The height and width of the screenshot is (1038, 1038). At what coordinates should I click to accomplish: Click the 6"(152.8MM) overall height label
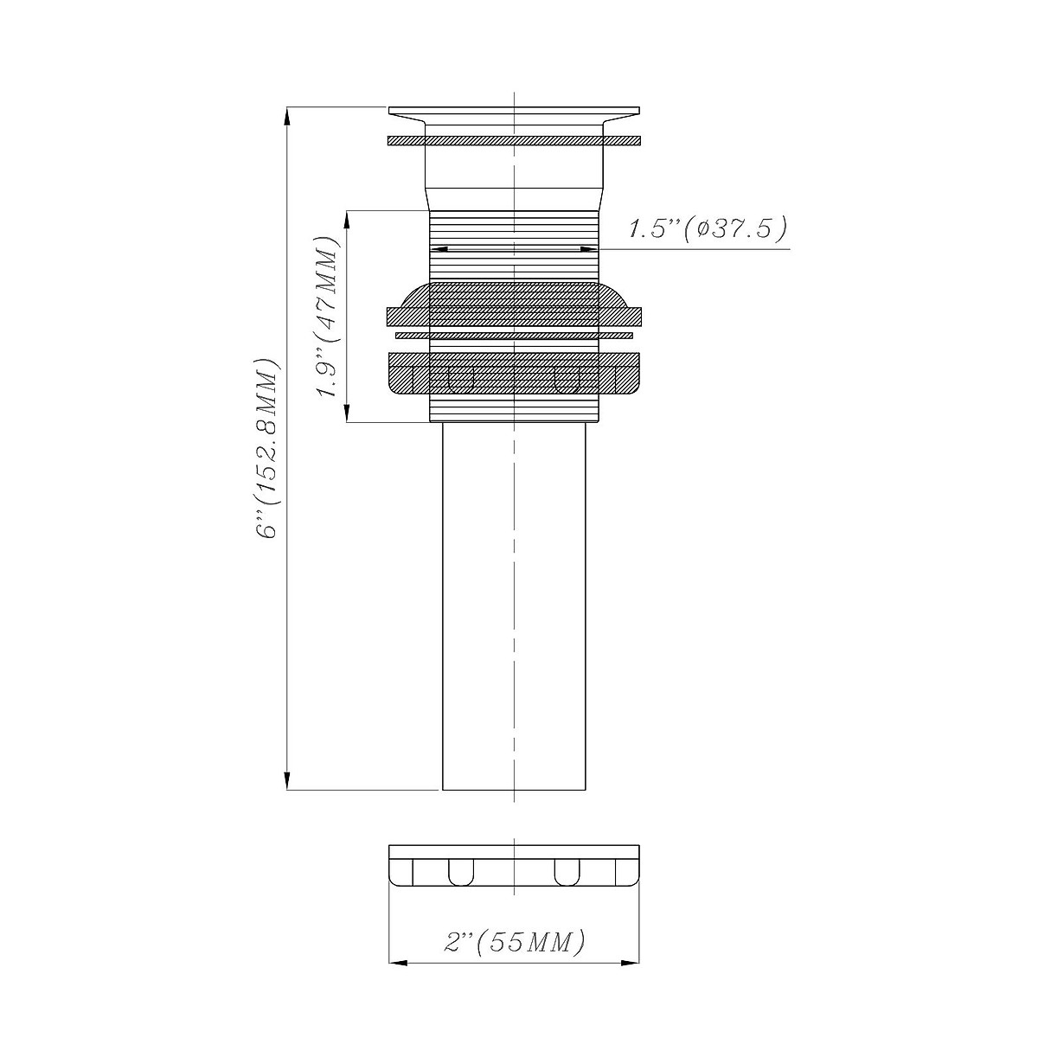point(268,447)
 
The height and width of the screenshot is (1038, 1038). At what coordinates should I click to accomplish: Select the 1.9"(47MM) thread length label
point(328,317)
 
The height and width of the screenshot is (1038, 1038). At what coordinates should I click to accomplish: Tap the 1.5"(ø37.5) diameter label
point(708,228)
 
